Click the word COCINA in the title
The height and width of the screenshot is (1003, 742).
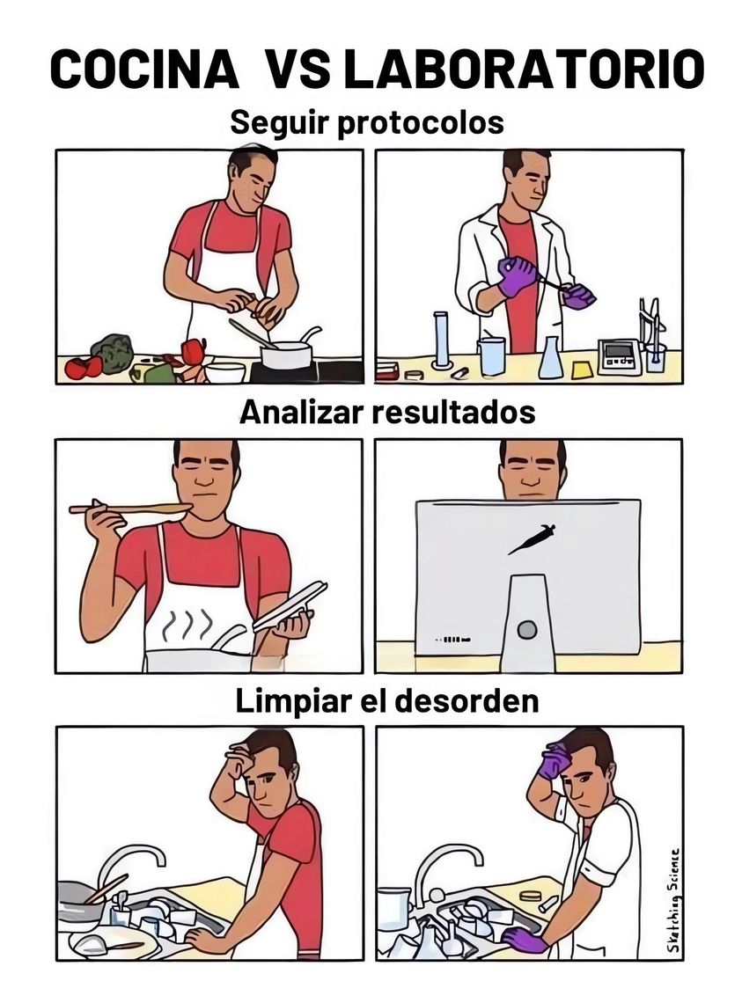pyautogui.click(x=144, y=69)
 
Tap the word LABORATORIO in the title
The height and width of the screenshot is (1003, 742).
pyautogui.click(x=523, y=69)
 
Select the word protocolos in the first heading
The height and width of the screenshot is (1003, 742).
pyautogui.click(x=421, y=123)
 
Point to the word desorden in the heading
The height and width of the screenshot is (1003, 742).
pyautogui.click(x=466, y=701)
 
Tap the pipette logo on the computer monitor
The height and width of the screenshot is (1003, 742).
pyautogui.click(x=532, y=538)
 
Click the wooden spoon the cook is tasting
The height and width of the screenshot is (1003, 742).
pyautogui.click(x=130, y=509)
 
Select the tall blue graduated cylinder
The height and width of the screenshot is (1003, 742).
pyautogui.click(x=442, y=340)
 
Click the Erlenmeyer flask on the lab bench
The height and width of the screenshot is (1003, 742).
pyautogui.click(x=551, y=357)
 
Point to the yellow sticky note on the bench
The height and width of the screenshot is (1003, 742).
pyautogui.click(x=582, y=370)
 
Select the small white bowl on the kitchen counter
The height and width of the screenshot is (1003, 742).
pyautogui.click(x=225, y=371)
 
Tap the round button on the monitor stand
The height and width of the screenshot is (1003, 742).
pyautogui.click(x=527, y=630)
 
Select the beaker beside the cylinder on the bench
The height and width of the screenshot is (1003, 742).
pyautogui.click(x=491, y=355)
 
